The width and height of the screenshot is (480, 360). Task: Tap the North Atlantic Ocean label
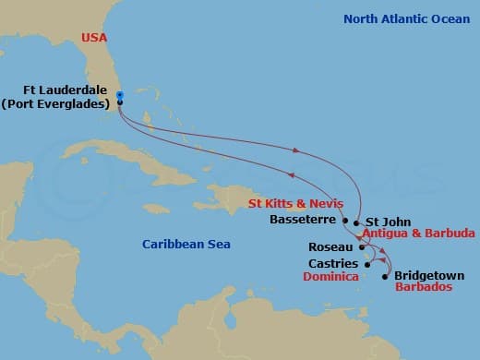[x=408, y=18]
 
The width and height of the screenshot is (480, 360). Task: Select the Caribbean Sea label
[x=186, y=244]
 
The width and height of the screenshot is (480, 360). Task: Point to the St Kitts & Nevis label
[x=296, y=203]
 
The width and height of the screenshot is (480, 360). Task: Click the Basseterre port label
[x=305, y=221]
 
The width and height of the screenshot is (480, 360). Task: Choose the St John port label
[x=384, y=222]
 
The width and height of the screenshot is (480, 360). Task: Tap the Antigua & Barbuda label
[x=419, y=234]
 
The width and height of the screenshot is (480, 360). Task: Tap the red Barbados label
[x=424, y=287]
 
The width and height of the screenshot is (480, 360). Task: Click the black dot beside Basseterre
[x=345, y=222]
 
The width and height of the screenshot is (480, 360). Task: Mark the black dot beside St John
[x=356, y=222]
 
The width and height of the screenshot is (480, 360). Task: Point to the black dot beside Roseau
[x=360, y=247]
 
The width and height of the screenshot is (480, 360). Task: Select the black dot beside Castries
[x=366, y=265]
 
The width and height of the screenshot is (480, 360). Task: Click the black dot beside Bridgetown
[x=384, y=275]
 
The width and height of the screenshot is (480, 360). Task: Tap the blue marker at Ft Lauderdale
[x=120, y=94]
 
